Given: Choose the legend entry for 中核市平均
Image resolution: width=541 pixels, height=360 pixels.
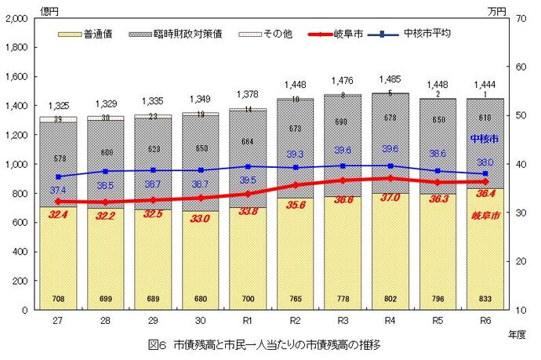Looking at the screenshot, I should point(426,35).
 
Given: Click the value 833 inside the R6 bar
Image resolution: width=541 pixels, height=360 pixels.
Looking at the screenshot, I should point(485,300).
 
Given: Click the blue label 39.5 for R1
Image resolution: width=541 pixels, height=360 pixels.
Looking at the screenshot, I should point(248,180).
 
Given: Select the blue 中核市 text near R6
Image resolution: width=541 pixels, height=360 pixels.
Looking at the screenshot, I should point(485,138).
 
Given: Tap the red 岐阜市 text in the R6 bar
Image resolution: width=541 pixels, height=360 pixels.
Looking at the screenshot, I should point(485,214).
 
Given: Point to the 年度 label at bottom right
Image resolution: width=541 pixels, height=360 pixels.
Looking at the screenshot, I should point(517,333).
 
